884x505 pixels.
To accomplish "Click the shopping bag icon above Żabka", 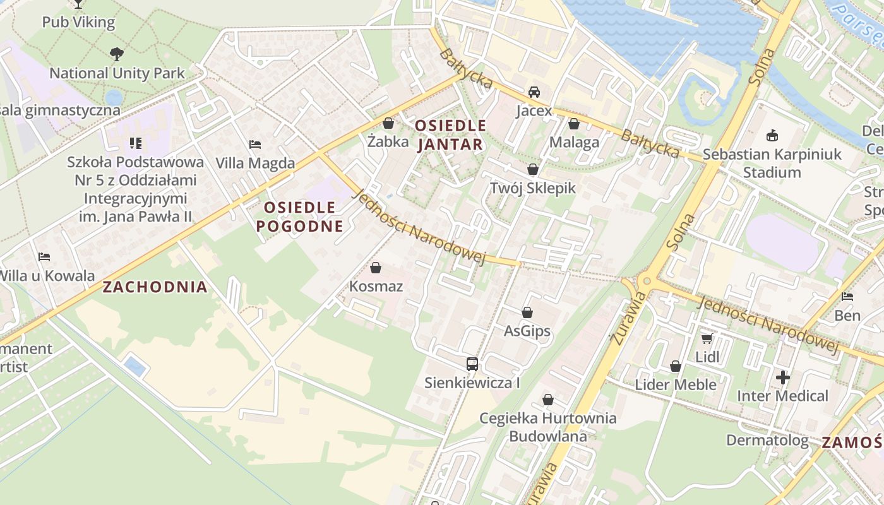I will click(388, 123).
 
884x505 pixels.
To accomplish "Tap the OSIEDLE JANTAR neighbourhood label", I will click(450, 135).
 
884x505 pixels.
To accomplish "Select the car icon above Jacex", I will click(534, 92).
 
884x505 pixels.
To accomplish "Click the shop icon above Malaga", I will click(573, 124).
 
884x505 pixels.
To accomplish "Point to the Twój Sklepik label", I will click(533, 188).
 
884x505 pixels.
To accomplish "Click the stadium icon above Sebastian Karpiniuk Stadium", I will click(772, 135).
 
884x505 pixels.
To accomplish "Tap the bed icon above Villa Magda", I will click(255, 145).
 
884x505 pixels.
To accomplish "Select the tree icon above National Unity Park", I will click(117, 54).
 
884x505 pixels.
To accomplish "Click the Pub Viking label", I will click(78, 23).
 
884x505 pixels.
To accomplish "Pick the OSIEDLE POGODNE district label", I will click(300, 217).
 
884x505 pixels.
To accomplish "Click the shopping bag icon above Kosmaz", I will click(376, 268).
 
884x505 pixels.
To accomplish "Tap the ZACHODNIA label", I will click(155, 287).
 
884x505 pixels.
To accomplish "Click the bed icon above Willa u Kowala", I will click(44, 257).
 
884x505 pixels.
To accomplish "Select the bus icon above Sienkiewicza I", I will click(472, 364).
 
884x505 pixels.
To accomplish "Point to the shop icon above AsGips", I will click(527, 312).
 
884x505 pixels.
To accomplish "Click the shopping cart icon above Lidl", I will click(707, 338).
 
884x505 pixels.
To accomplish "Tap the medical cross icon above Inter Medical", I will click(783, 377).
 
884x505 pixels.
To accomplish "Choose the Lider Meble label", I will click(676, 384).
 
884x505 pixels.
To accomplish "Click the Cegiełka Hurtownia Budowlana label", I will click(547, 427).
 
